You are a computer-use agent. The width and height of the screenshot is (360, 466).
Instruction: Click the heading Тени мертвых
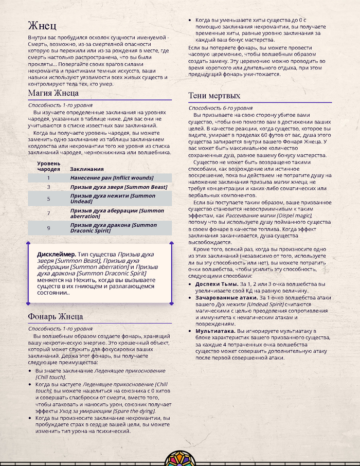click(214, 95)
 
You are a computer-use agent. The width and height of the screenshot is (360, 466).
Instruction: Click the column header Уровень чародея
click(48, 166)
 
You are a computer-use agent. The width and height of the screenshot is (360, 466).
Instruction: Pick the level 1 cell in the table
click(48, 178)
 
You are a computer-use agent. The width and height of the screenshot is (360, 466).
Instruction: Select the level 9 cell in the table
click(48, 227)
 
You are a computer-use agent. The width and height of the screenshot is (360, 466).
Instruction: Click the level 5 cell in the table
click(48, 199)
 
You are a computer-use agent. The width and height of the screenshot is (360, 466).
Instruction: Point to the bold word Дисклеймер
click(56, 255)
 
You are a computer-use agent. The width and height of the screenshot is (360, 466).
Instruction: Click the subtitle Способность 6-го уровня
click(220, 108)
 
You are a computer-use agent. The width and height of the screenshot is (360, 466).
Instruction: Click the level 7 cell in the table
click(48, 213)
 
